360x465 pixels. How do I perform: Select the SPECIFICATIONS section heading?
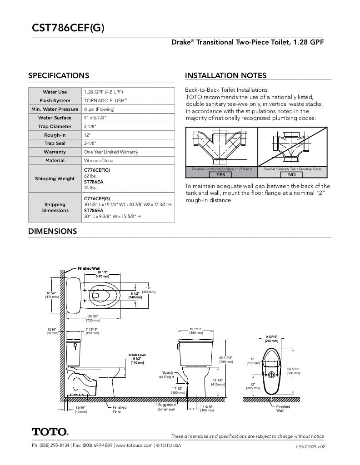59,76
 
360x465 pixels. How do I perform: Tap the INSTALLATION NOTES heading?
225,76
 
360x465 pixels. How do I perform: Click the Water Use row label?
55,92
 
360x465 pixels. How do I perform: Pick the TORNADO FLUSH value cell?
105,101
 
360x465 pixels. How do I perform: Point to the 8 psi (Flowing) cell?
99,109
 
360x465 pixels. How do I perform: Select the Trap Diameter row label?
55,127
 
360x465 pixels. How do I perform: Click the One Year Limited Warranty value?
110,152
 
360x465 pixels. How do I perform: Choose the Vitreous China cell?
99,161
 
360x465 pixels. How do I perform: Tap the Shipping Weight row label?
55,178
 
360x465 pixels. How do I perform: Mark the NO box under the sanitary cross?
292,174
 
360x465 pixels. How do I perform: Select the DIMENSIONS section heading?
52,232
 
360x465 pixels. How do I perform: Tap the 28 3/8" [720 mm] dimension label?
93,318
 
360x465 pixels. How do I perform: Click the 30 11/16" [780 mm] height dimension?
226,360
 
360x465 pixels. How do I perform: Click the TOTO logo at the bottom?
50,431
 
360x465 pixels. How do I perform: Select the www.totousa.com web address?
134,445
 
